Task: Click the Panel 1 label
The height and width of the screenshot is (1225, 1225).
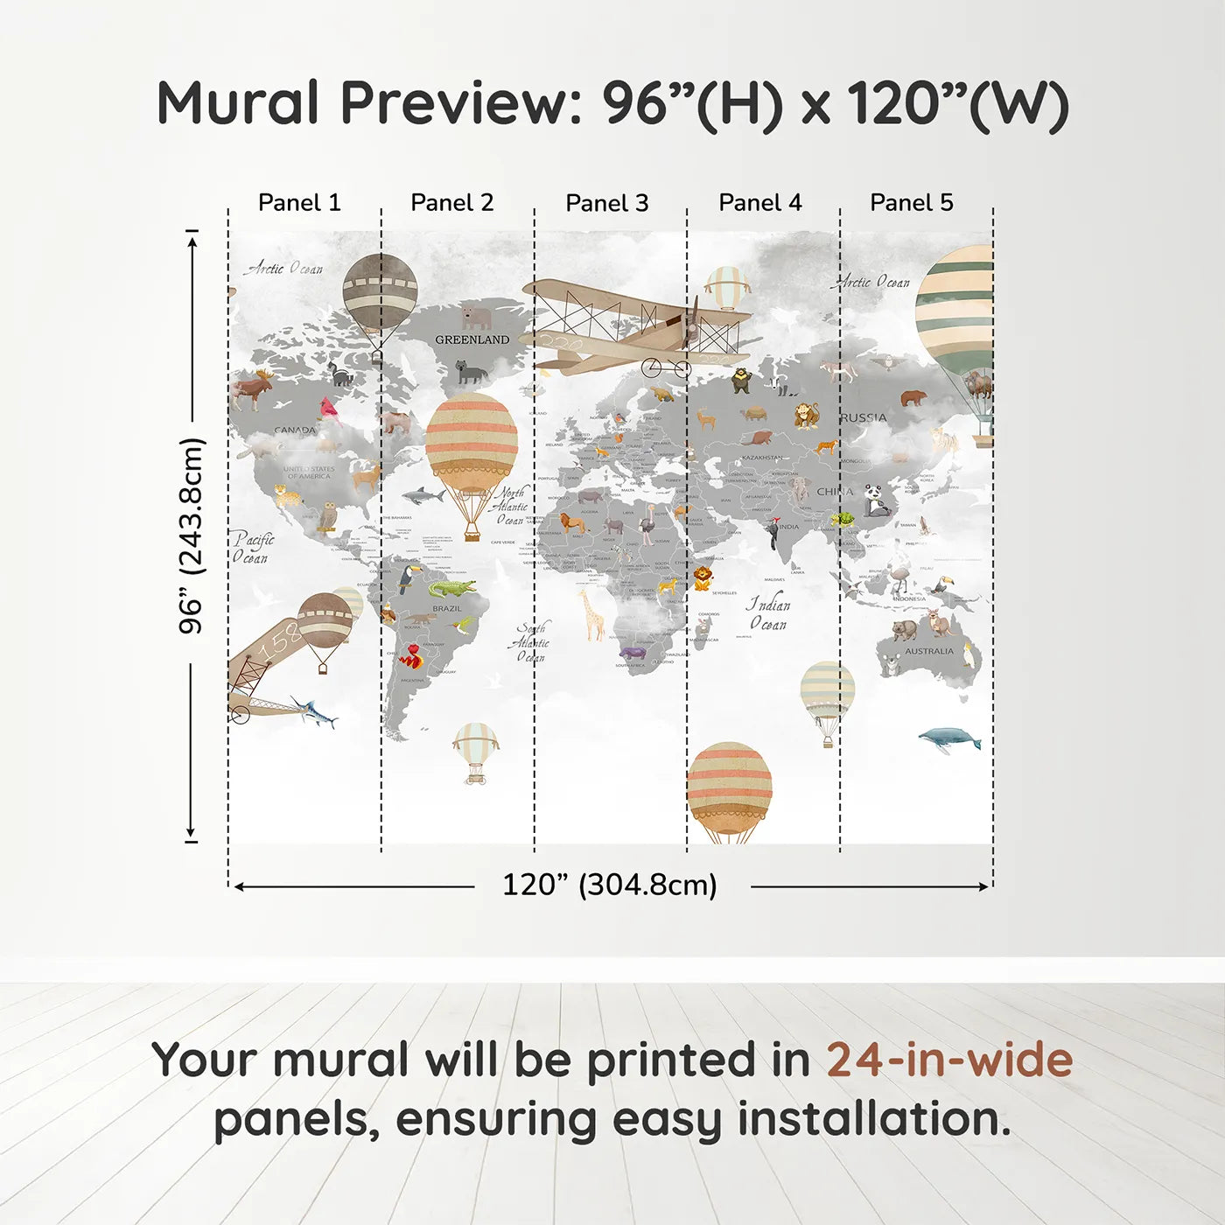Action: [299, 202]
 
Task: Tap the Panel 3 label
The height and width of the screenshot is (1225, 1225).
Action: [606, 203]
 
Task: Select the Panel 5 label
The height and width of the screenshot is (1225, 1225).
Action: [911, 202]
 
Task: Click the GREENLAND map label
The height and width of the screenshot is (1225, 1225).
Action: [472, 339]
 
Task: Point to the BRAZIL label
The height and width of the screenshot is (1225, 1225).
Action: [446, 608]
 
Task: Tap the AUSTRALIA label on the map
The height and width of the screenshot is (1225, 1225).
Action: [929, 651]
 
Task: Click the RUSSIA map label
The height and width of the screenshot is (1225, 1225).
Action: [863, 417]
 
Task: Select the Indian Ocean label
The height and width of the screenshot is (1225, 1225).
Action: [767, 613]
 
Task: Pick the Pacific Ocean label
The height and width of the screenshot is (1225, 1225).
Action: [253, 548]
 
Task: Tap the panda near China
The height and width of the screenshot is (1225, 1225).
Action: [876, 501]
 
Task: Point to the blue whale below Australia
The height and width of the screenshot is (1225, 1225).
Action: [949, 739]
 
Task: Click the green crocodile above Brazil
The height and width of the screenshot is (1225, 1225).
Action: [451, 587]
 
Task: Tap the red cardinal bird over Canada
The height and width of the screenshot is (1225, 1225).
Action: [329, 408]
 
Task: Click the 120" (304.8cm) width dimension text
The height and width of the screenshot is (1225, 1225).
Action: [609, 885]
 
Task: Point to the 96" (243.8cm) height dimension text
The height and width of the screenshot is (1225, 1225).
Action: [191, 535]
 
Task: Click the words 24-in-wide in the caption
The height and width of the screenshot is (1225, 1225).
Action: [949, 1060]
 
